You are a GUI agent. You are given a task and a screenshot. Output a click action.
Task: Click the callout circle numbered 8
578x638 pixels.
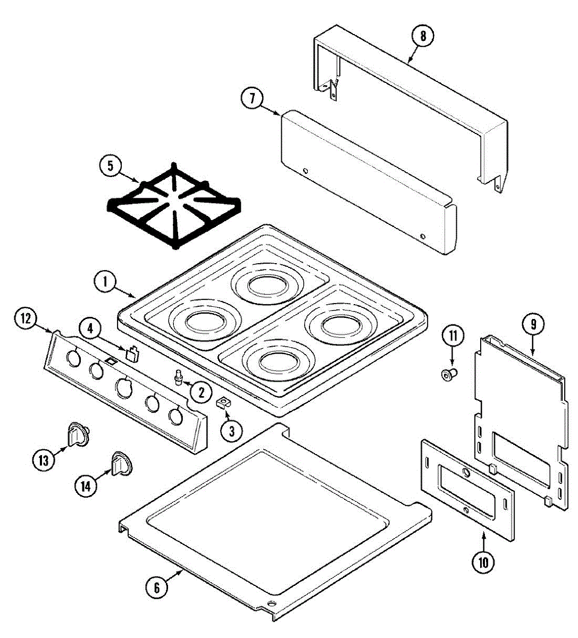[x=423, y=37]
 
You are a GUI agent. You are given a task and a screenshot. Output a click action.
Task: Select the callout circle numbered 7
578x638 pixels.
[x=252, y=98]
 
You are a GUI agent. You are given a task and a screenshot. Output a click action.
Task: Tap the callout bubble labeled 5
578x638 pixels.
[x=110, y=165]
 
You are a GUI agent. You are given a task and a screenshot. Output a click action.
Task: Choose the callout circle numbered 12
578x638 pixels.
[x=25, y=319]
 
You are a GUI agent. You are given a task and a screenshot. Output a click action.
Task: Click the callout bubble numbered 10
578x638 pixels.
[x=483, y=562]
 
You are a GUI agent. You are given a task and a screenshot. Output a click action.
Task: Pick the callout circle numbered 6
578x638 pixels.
[x=157, y=588]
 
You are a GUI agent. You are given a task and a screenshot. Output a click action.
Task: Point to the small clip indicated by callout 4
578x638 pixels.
[x=132, y=354]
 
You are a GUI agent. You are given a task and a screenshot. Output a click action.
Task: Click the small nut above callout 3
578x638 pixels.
[x=223, y=403]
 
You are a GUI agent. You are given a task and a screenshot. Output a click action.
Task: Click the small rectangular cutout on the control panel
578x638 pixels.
[x=111, y=362]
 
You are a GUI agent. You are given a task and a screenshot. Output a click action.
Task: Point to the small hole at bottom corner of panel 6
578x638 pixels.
[x=272, y=604]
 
